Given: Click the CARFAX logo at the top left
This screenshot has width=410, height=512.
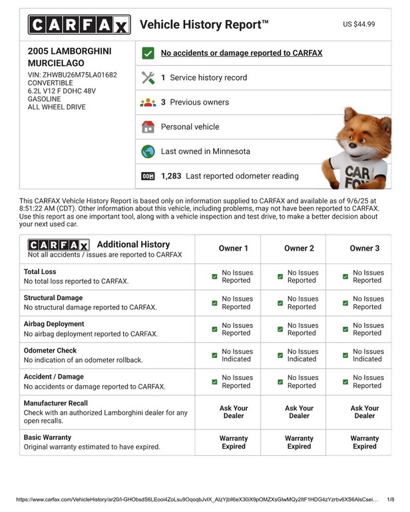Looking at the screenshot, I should [x=79, y=25].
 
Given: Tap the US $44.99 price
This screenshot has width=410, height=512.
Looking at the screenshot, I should [x=359, y=24].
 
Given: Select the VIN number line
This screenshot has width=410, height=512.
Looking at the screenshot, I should [x=73, y=75].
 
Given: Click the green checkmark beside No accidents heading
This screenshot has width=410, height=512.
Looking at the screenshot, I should [x=148, y=53].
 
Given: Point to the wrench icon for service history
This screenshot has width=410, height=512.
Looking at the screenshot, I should [x=148, y=77].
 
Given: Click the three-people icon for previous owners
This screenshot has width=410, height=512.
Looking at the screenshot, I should [x=148, y=102].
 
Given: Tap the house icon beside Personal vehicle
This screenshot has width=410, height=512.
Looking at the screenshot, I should [x=148, y=127].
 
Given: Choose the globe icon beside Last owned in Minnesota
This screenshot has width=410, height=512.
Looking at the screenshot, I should [x=148, y=151].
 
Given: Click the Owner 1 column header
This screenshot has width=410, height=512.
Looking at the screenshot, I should [x=234, y=248].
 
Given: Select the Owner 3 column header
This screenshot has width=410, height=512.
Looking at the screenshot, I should [x=364, y=248].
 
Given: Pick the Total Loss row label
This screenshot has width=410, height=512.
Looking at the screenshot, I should [x=40, y=272].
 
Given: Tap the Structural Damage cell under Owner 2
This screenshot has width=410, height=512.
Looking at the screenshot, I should [x=297, y=303].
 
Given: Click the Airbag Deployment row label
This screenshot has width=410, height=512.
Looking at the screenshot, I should [x=54, y=324].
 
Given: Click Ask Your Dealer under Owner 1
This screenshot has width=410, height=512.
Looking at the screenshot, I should [x=234, y=412].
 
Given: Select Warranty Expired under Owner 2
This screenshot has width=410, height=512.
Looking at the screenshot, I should [x=299, y=442].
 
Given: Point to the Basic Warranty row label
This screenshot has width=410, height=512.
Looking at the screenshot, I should [x=47, y=437].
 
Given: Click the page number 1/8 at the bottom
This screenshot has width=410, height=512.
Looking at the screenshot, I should [x=390, y=499].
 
